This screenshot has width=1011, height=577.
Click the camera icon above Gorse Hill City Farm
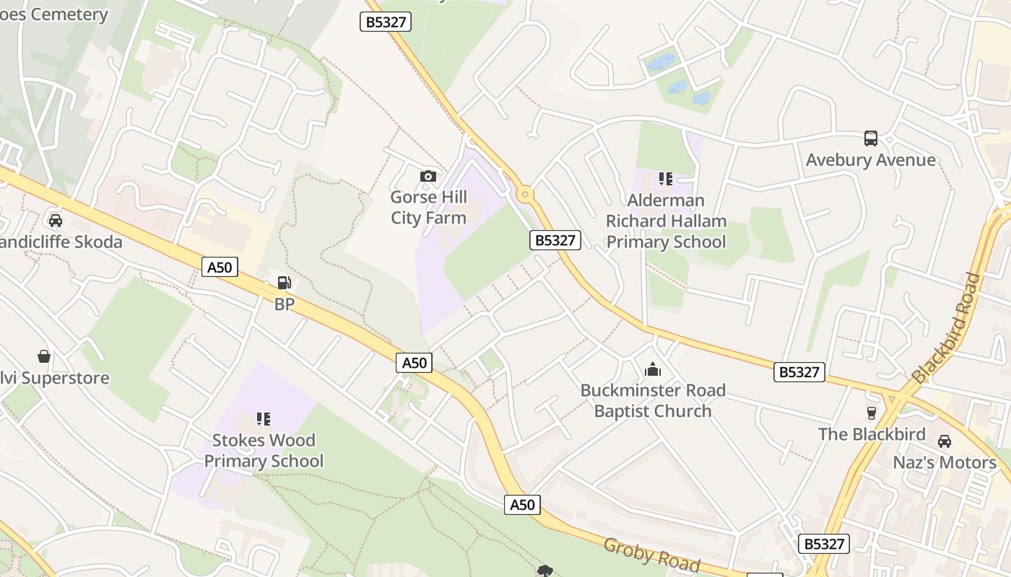tap(428, 176)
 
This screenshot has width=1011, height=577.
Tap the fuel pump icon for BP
tap(285, 283)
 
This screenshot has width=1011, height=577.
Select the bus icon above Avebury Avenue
tap(870, 138)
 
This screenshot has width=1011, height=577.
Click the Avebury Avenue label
tap(870, 160)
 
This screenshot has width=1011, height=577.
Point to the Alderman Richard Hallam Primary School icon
tap(665, 178)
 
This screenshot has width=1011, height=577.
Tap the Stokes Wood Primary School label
tap(264, 451)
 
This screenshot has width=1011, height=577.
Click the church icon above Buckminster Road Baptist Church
tap(653, 370)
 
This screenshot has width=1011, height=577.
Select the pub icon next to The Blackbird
tap(872, 413)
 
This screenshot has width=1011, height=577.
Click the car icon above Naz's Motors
tap(944, 441)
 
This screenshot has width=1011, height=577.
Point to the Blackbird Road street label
tap(947, 328)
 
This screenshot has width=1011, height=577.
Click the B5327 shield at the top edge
tap(386, 22)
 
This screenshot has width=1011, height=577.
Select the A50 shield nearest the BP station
tap(220, 268)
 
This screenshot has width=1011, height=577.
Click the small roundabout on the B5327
tap(525, 194)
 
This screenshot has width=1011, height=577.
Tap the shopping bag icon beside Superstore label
tap(44, 356)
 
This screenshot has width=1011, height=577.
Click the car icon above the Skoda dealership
tap(56, 220)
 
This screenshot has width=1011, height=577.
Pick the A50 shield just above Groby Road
tap(522, 505)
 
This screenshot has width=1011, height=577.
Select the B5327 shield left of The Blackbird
tap(799, 372)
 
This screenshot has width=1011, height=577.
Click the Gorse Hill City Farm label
tap(428, 208)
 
